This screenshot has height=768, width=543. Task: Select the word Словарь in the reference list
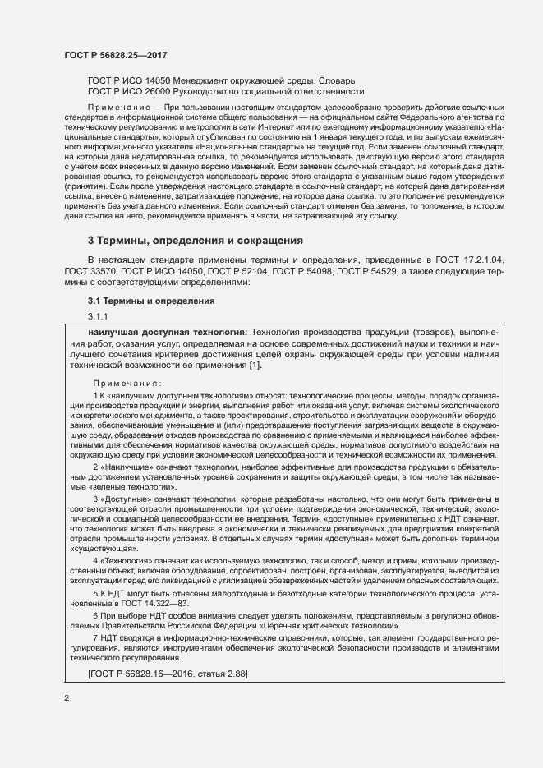(336, 80)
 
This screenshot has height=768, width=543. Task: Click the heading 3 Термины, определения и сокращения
(196, 241)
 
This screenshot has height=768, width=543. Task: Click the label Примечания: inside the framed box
(127, 384)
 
